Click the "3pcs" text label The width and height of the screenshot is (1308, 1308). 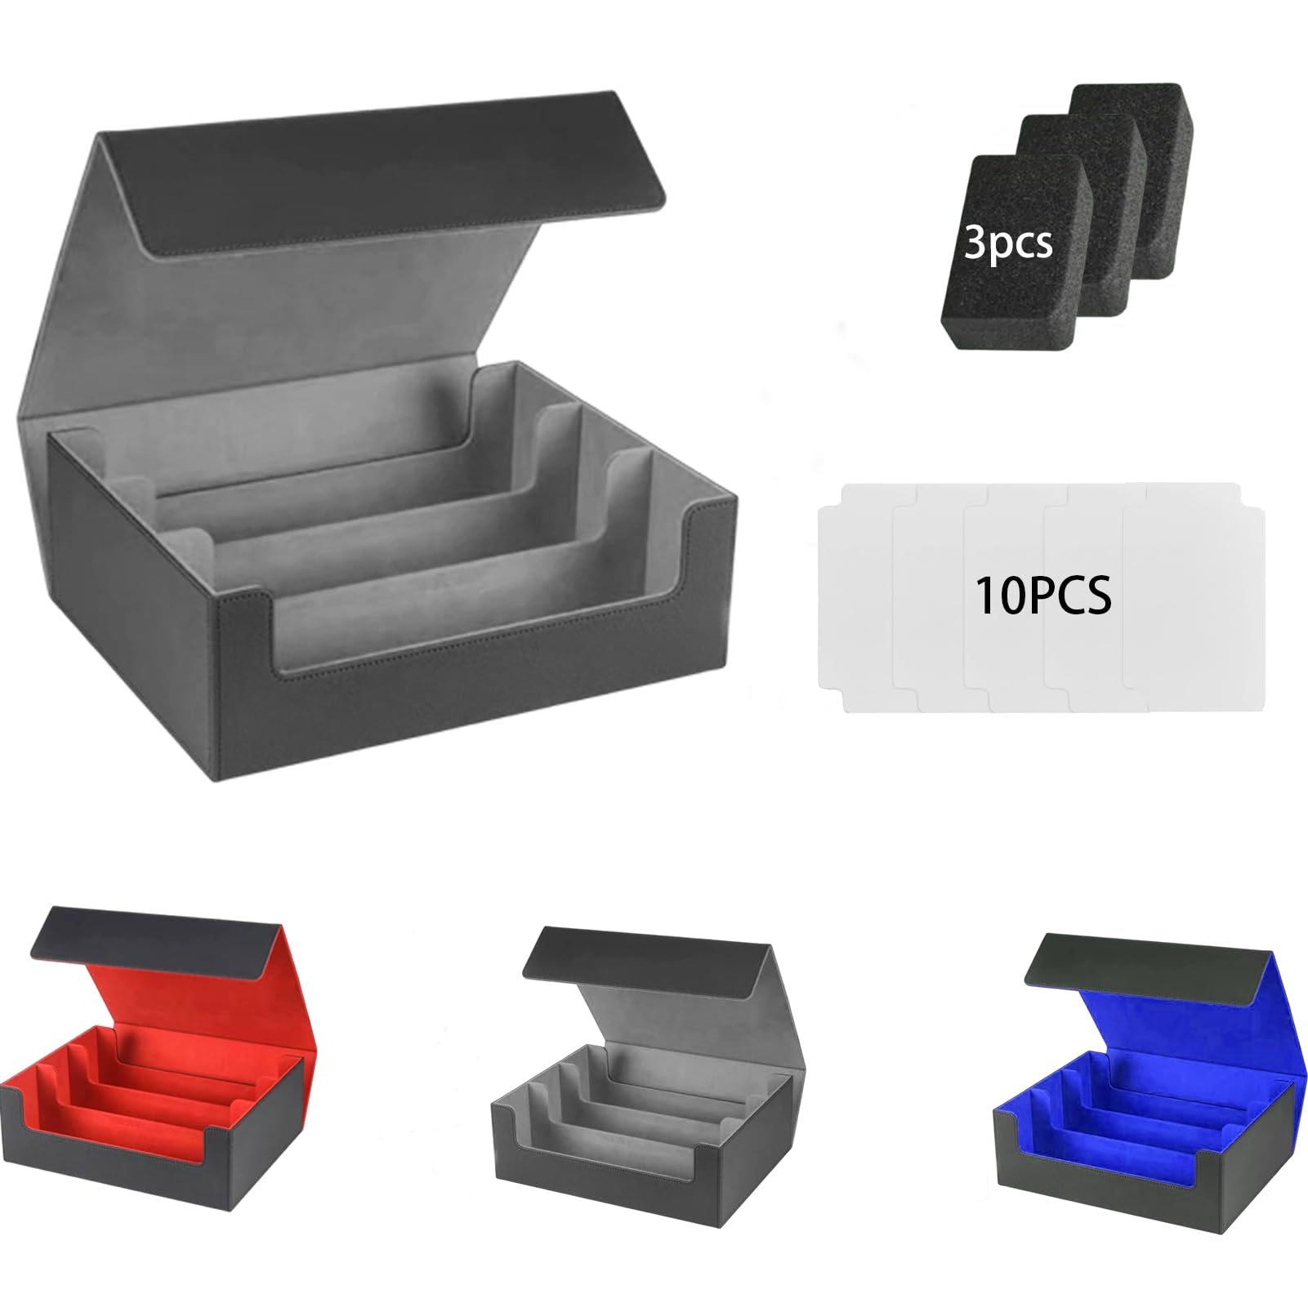pyautogui.click(x=1008, y=243)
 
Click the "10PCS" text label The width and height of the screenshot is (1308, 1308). pyautogui.click(x=1043, y=596)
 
